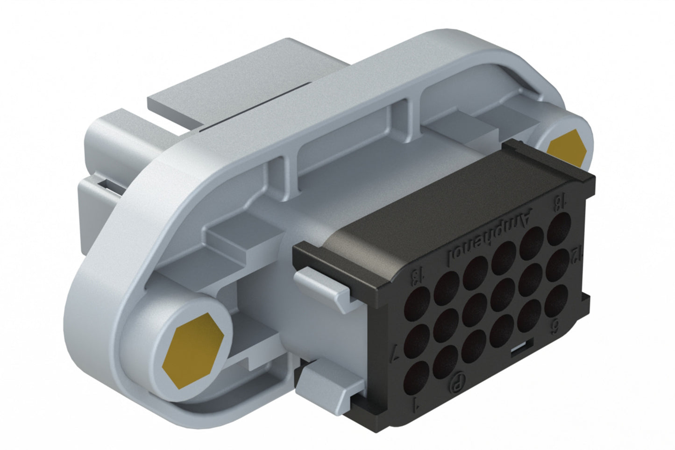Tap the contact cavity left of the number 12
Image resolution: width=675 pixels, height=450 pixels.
coord(558,264)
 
